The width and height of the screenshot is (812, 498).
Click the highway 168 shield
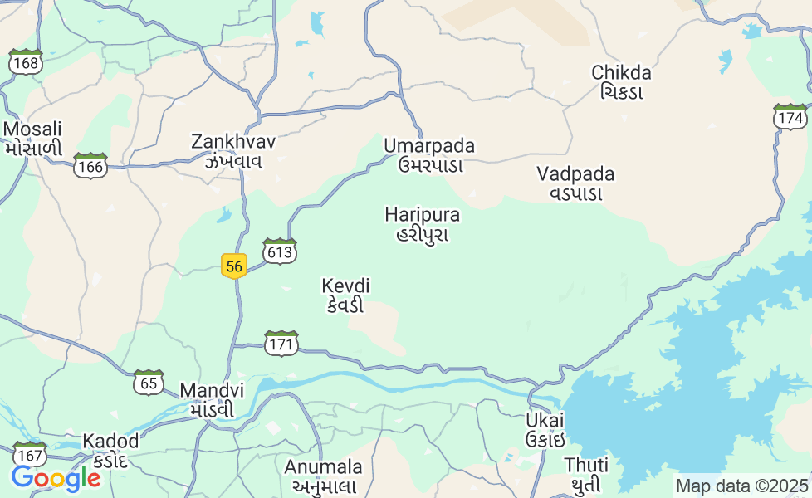pos(27,62)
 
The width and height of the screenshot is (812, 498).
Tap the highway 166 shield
pos(90,166)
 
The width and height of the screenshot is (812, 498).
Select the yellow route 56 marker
pos(234,266)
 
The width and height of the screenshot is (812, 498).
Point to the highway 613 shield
pos(280,251)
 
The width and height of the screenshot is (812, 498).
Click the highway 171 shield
pos(281,343)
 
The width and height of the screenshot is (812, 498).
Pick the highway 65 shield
pos(149,383)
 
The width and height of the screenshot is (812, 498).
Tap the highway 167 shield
pos(30,456)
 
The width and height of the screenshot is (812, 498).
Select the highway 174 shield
pos(790,117)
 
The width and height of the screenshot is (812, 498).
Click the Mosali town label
pos(33,138)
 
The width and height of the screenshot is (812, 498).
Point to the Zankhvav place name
pos(233,150)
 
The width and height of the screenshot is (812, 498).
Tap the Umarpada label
pos(429,155)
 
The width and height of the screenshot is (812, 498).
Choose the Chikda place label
pos(621,81)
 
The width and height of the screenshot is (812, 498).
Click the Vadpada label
pos(575,183)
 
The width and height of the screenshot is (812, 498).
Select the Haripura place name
pos(423,223)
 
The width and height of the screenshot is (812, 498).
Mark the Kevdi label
pos(345,295)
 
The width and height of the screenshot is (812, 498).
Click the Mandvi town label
pos(213,399)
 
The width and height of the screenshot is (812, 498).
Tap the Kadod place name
pos(110,449)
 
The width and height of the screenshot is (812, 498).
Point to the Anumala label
pos(324,476)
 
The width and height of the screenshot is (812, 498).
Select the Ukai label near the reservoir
pos(545,428)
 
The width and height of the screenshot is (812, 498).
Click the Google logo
pos(56,478)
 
